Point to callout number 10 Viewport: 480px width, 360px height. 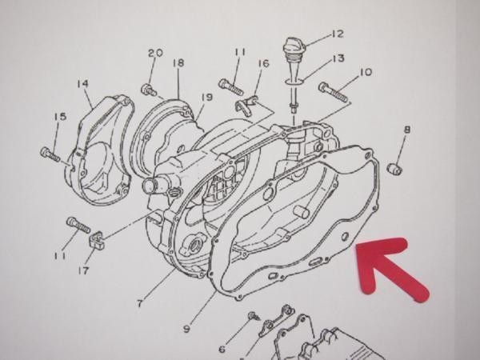click(366, 72)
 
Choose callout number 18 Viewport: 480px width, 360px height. click(178, 62)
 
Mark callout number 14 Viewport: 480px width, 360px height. click(82, 83)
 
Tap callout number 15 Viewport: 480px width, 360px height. click(60, 118)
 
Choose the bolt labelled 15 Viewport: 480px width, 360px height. click(50, 152)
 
